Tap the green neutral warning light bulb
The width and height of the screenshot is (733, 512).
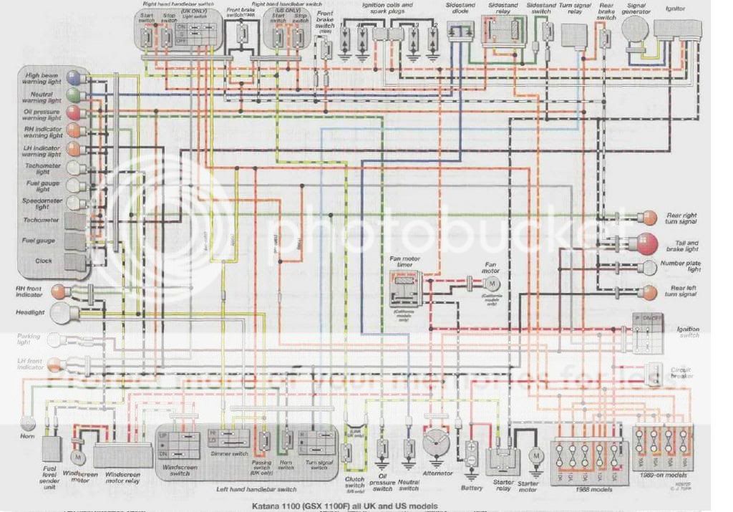pyautogui.click(x=72, y=95)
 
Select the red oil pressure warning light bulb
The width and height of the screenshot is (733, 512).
pyautogui.click(x=72, y=113)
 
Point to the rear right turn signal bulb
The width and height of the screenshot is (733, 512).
pyautogui.click(x=649, y=217)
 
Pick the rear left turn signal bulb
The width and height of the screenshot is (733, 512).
pyautogui.click(x=649, y=291)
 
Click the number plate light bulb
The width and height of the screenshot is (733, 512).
pyautogui.click(x=649, y=268)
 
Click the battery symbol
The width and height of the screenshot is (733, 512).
pyautogui.click(x=472, y=455)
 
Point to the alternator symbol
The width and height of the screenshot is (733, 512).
pyautogui.click(x=437, y=444)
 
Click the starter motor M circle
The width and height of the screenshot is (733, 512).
pyautogui.click(x=534, y=455)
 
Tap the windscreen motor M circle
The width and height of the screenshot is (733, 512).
pyautogui.click(x=78, y=456)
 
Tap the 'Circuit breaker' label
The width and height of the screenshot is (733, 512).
pyautogui.click(x=684, y=374)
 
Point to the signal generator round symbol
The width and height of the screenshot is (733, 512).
pyautogui.click(x=634, y=30)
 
